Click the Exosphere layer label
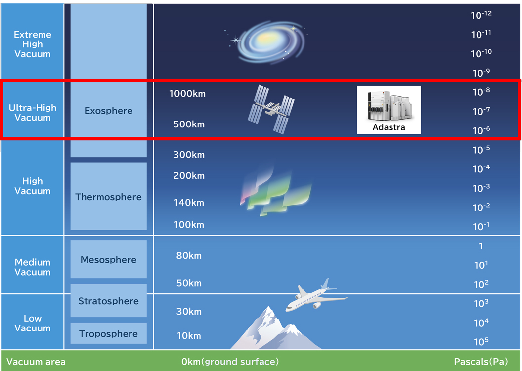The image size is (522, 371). tap(109, 111)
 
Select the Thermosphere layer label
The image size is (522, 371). tap(109, 197)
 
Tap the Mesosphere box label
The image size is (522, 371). tap(109, 259)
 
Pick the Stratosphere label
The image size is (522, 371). tap(109, 301)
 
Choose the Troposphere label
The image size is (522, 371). tap(109, 334)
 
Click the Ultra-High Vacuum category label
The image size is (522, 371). tap(33, 113)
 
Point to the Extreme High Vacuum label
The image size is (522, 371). tap(33, 44)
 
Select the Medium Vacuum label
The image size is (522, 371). tap(33, 267)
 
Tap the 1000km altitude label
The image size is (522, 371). tap(187, 94)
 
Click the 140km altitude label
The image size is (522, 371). tap(189, 203)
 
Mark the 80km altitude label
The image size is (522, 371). tap(189, 255)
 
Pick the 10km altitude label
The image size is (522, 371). tap(189, 336)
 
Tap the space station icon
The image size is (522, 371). tap(271, 110)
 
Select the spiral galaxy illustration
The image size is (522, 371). tap(268, 41)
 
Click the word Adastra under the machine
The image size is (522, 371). tap(389, 127)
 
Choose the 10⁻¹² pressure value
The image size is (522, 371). tap(481, 15)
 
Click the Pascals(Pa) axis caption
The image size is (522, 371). tap(481, 362)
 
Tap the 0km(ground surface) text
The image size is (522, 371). tap(230, 362)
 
